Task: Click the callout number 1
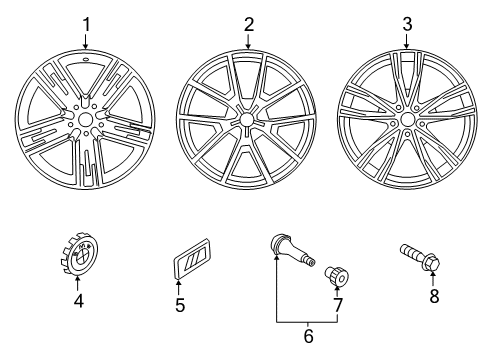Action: tap(86, 25)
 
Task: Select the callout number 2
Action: tap(249, 25)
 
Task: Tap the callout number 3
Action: tap(407, 24)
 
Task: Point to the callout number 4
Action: tap(79, 301)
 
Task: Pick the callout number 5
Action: tap(180, 305)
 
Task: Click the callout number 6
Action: tap(308, 336)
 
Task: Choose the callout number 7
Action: tap(338, 305)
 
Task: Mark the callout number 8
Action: tap(434, 296)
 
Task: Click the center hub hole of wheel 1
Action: tap(85, 119)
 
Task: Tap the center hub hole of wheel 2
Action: tap(246, 119)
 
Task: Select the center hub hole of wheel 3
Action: tap(407, 119)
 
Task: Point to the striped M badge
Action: tap(192, 258)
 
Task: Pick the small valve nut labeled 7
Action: tap(336, 276)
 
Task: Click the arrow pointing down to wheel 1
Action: tap(86, 41)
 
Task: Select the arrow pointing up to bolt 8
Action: tap(433, 279)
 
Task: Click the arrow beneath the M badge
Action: tap(178, 288)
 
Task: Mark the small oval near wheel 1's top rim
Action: tap(86, 60)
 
